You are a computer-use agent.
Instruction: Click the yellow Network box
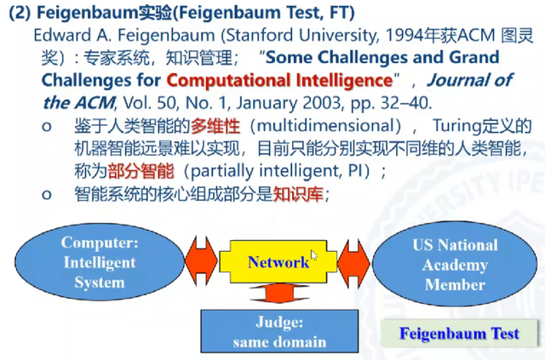coord(278,261)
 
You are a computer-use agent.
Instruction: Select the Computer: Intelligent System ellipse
coord(100,262)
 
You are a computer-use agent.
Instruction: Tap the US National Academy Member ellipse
coord(455,264)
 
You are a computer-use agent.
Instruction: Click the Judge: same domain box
coord(279,331)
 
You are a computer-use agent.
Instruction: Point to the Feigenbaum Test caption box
coord(459,334)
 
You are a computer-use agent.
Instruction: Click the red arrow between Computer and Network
coord(202,261)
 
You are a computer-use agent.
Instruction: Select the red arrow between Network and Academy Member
coord(354,263)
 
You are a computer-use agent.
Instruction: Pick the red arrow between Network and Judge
coord(279,293)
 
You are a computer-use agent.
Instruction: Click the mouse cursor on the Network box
coord(314,255)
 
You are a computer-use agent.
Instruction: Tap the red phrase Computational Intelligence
coord(280,80)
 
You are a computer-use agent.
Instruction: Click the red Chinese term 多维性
coord(215,126)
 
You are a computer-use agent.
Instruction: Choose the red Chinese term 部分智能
coord(141,171)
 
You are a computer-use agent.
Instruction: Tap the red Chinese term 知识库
coord(298,194)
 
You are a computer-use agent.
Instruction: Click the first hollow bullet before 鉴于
coord(47,127)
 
